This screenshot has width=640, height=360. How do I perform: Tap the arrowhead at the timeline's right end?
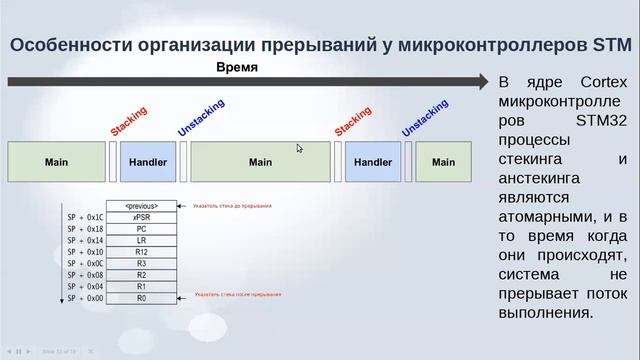484,80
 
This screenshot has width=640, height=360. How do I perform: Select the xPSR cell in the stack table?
141,217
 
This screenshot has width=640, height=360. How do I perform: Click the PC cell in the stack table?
141,229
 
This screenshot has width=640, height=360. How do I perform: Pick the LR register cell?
141,240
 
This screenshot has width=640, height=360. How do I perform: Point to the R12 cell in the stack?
141,252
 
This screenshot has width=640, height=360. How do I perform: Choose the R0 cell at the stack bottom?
141,298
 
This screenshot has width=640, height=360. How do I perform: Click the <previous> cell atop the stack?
141,206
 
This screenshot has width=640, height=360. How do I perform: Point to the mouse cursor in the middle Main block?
300,149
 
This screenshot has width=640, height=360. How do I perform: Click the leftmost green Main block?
56,162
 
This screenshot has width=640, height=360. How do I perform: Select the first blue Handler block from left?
148,162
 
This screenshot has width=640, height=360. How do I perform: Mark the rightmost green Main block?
443,162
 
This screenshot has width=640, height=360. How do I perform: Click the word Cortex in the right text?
600,82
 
